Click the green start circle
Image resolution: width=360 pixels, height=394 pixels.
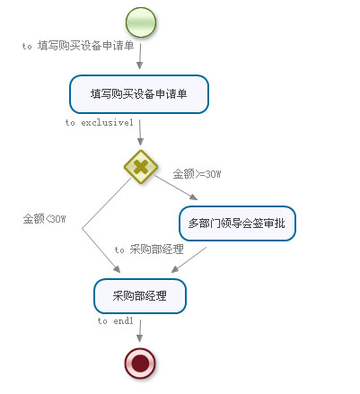141,22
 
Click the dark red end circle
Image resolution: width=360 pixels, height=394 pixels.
140,363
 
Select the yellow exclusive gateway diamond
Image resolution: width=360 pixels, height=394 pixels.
141,167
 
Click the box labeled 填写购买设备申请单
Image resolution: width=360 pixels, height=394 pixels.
139,94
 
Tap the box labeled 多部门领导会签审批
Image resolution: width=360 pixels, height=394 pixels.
237,223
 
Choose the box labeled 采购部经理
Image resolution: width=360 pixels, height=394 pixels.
140,296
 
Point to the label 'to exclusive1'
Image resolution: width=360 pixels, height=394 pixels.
100,122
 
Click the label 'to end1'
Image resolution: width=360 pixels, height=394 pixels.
116,321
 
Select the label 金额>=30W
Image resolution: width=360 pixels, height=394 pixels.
197,174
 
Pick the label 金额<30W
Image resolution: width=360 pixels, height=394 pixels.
44,219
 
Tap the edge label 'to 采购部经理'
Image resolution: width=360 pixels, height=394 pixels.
149,250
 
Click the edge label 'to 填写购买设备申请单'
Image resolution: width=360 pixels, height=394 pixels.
78,46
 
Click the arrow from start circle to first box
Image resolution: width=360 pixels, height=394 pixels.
140,57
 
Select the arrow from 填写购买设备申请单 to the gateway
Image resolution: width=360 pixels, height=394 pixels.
140,133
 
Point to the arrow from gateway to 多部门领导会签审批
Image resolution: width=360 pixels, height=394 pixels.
176,188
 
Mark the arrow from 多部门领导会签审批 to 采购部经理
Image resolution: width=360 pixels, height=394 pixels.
189,259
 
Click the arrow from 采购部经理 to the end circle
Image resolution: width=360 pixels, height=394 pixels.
140,331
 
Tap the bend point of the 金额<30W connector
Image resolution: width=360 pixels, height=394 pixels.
83,229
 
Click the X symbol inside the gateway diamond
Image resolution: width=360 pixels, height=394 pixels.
141,167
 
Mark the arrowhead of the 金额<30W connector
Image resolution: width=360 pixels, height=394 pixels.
117,269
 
